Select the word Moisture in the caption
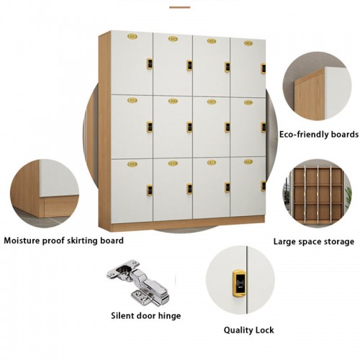coord(22,240)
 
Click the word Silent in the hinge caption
coord(122,315)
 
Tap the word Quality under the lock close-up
coord(238,330)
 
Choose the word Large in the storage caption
coord(284,242)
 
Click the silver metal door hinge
coord(138,282)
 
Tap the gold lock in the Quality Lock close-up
coord(239,283)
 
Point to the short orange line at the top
coord(179,7)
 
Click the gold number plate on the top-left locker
coord(132,37)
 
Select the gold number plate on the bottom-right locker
coord(248,162)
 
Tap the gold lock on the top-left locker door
coord(150,63)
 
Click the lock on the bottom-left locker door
coord(150,190)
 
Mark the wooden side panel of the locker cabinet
coord(104,131)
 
